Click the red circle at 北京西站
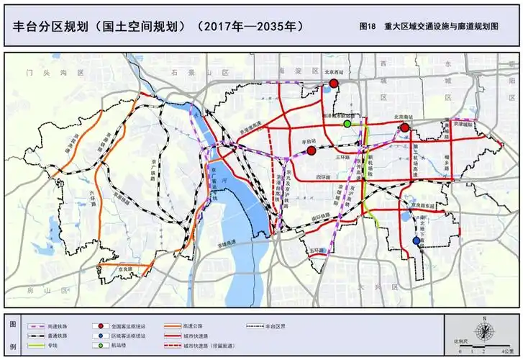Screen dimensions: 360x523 [x=334, y=84]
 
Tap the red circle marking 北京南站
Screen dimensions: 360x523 [x=405, y=127]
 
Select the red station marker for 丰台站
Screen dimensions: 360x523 [x=311, y=150]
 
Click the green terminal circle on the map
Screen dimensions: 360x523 [x=347, y=124]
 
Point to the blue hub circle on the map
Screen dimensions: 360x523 [x=416, y=241]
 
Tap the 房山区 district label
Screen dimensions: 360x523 [x=45, y=289]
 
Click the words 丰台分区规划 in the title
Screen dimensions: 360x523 [x=50, y=26]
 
